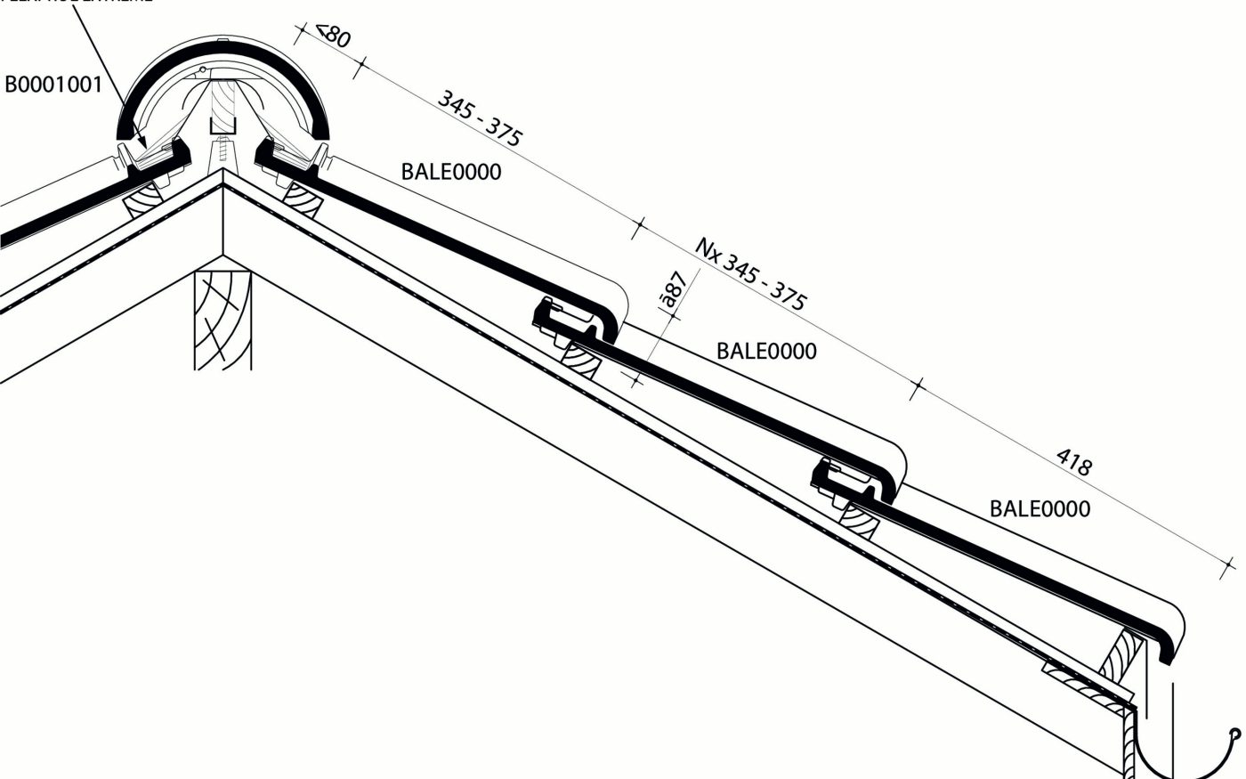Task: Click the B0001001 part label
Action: pos(54,85)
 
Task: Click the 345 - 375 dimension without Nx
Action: pos(480,118)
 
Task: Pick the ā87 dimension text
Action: pos(674,290)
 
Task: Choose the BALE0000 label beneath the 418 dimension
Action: pos(1040,508)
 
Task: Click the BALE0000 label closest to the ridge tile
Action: pos(451,171)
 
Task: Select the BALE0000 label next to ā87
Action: pos(766,351)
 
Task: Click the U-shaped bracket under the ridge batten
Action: pos(222,131)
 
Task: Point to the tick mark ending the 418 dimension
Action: pos(1231,564)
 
